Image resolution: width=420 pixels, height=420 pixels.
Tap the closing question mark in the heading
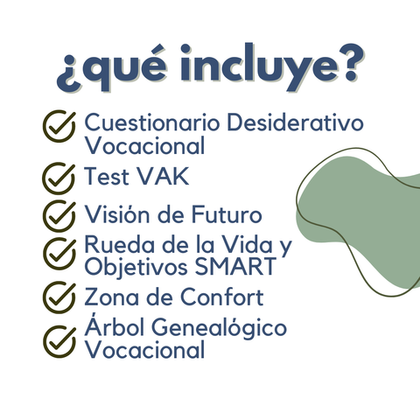(x=353, y=62)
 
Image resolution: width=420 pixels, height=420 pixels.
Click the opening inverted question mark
(x=68, y=73)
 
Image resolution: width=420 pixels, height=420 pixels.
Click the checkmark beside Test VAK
(x=59, y=178)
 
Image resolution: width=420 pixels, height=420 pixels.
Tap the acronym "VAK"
(x=163, y=177)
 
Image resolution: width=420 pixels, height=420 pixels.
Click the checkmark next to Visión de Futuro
(x=59, y=216)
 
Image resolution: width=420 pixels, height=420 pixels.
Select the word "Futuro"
(x=227, y=214)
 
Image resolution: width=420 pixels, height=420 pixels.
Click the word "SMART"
(x=235, y=266)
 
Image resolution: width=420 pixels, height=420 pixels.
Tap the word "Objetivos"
(x=136, y=267)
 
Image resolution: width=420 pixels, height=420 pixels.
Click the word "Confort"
(x=222, y=297)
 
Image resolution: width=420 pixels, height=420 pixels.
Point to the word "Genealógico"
(x=220, y=328)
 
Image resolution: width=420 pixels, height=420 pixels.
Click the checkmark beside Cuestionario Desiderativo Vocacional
(x=59, y=126)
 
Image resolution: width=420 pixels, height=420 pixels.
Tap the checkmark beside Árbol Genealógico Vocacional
(x=59, y=341)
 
